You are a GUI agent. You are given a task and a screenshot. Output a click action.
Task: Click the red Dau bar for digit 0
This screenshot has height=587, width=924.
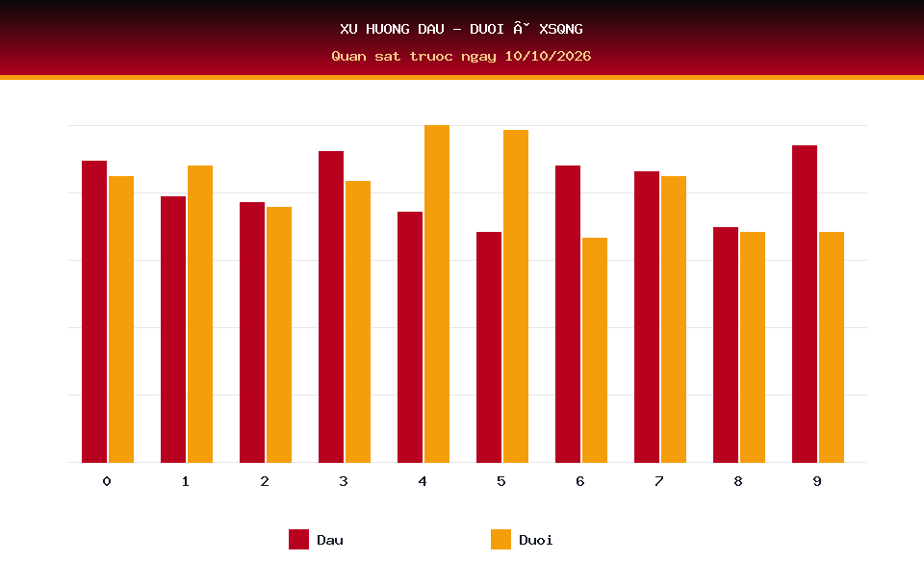tap(94, 311)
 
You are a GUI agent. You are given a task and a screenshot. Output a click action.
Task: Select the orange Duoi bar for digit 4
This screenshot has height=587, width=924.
tap(437, 293)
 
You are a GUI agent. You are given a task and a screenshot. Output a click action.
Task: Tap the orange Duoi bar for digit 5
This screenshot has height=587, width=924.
tap(516, 295)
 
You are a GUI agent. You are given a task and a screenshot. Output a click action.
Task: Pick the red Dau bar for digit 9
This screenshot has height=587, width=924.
tap(805, 303)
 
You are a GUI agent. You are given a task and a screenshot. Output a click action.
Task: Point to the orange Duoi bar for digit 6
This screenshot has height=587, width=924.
tap(595, 350)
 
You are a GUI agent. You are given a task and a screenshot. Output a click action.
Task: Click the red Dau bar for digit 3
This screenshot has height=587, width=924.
tap(331, 306)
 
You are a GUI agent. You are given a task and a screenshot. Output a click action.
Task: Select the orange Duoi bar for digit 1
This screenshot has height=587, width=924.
tap(200, 314)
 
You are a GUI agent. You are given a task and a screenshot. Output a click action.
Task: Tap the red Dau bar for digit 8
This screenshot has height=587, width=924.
tap(726, 345)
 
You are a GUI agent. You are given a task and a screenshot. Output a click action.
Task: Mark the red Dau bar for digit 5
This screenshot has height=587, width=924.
tap(489, 347)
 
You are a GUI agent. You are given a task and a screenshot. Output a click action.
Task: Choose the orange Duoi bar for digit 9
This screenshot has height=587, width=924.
tap(832, 347)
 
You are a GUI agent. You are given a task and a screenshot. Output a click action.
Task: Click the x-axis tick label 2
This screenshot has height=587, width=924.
tap(265, 481)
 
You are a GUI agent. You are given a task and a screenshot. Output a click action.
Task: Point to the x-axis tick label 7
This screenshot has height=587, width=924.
tap(658, 481)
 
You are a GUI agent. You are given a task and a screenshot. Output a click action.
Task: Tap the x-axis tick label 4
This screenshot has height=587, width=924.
tap(423, 481)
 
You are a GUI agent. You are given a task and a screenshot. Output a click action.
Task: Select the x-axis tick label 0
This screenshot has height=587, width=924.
tap(107, 481)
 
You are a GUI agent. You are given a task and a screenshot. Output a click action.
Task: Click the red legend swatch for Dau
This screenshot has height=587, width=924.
tap(298, 539)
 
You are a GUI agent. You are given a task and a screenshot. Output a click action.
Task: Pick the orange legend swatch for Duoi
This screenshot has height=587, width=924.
tap(500, 539)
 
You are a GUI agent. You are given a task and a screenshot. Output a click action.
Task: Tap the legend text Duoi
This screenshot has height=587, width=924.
tap(536, 540)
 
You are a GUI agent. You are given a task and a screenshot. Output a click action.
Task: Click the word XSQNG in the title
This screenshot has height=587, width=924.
tap(561, 29)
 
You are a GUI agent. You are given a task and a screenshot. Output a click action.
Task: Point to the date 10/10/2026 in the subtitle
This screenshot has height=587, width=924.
tap(548, 56)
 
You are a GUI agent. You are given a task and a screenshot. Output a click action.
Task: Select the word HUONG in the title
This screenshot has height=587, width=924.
tap(388, 29)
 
